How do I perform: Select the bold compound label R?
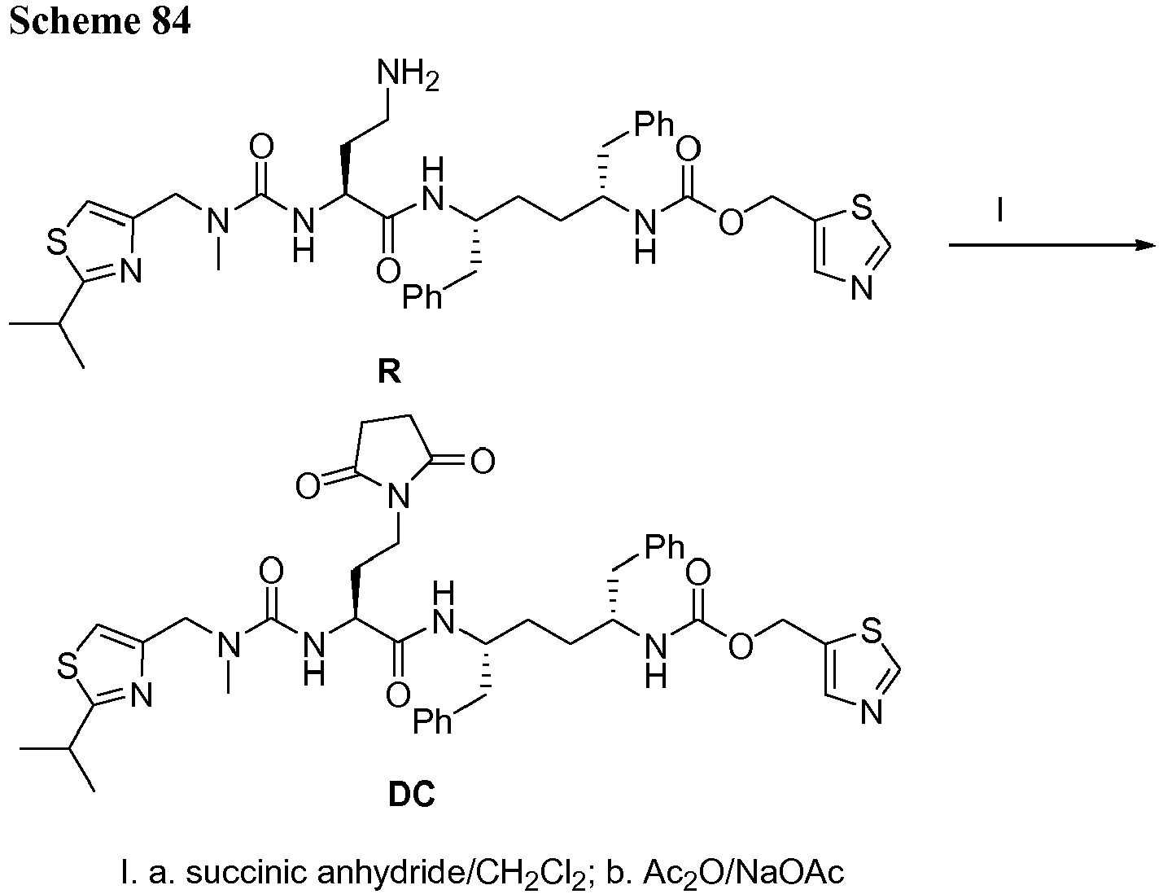coord(389,371)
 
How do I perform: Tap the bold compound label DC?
coord(411,795)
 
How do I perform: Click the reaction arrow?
coord(1052,245)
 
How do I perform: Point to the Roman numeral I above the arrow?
coord(999,210)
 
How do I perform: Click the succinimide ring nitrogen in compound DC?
coord(398,496)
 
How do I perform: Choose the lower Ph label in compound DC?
coord(432,721)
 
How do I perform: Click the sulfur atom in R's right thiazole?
coord(861,207)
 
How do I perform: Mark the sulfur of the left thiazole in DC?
coord(68,666)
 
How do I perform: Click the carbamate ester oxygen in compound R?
coord(731,221)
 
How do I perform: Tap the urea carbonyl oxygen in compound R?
coord(261,146)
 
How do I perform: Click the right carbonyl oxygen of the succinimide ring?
coord(483,461)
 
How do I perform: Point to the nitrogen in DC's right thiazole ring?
coord(872,712)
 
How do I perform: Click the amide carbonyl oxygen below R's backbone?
coord(388,271)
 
